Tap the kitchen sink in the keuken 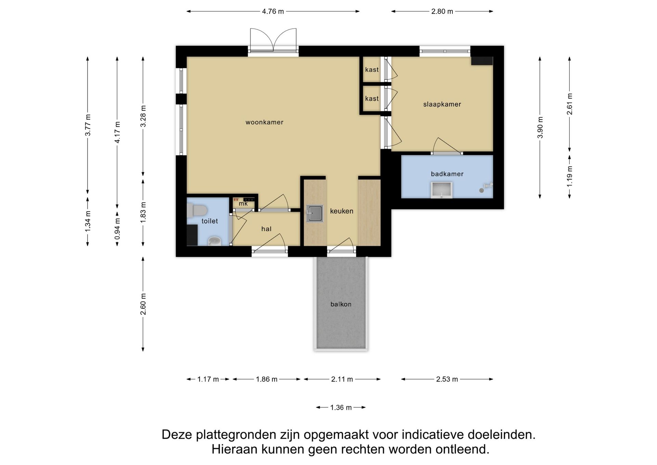(314, 213)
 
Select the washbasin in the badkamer (441, 190)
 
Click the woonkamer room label (264, 122)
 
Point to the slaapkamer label (442, 104)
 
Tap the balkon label (341, 304)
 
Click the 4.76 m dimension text (273, 11)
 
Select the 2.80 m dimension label (442, 11)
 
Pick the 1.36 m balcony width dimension (341, 407)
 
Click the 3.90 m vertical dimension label (540, 127)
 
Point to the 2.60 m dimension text (143, 304)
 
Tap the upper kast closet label (372, 70)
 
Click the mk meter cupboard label (243, 204)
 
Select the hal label (266, 229)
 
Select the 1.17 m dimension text (208, 379)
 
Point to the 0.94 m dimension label (117, 228)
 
